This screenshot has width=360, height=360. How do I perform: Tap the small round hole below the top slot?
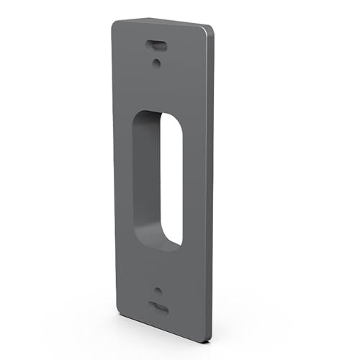[157, 62]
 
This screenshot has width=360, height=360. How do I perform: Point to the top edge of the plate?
[162, 24]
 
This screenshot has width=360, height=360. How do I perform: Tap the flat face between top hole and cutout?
[158, 86]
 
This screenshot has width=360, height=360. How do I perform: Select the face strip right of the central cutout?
[194, 180]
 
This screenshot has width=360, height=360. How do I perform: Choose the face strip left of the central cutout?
[124, 180]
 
